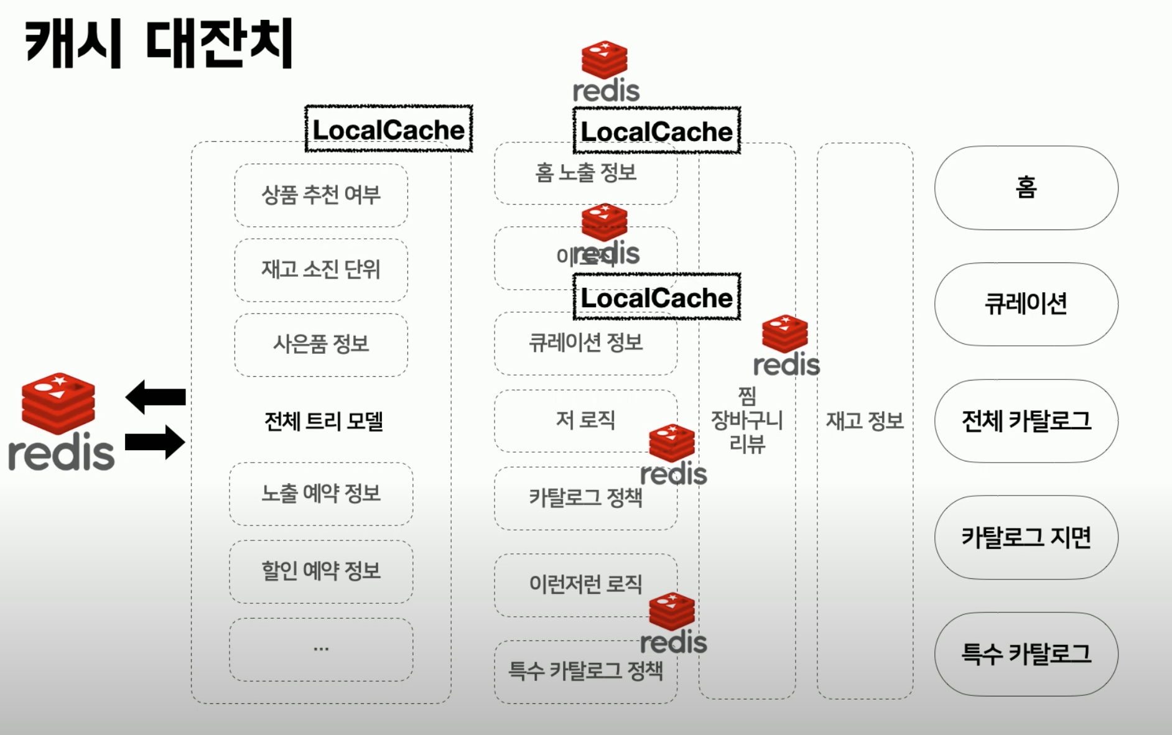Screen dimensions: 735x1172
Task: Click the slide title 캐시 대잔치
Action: (159, 44)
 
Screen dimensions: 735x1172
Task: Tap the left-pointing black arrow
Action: (156, 396)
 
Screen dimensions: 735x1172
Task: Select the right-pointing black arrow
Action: (156, 442)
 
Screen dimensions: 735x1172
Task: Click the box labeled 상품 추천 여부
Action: (321, 195)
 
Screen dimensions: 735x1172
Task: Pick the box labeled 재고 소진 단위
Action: (321, 270)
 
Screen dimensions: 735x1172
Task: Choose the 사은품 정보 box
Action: (321, 344)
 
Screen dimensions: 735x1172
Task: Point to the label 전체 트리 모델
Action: (323, 422)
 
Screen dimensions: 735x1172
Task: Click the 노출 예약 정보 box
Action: (321, 494)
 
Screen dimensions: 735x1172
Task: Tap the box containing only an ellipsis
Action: (321, 649)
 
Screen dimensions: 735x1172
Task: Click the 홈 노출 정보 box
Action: (585, 173)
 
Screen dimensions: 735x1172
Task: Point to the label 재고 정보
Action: (865, 422)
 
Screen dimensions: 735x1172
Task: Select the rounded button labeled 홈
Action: (1026, 188)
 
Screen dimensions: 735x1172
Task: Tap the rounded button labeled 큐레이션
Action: (1026, 304)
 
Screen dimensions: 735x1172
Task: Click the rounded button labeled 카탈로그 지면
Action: (1026, 537)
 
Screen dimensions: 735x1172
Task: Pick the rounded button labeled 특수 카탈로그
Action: (1026, 654)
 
